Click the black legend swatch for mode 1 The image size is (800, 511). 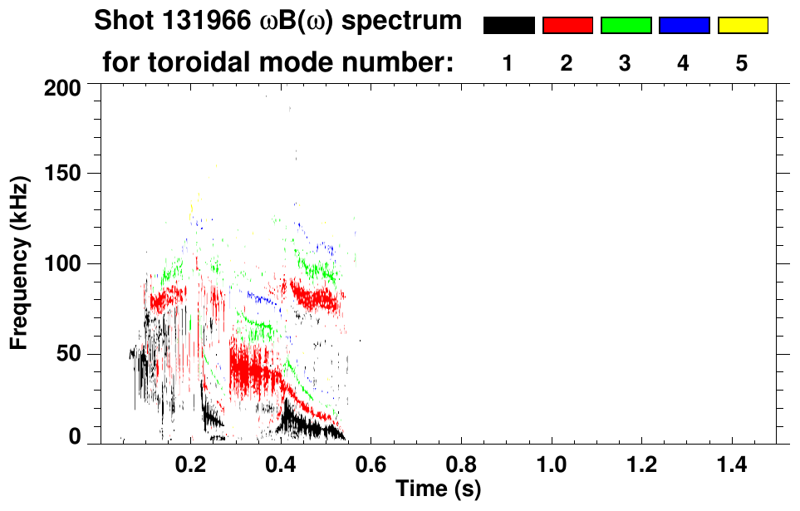(x=508, y=26)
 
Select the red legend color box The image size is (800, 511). (x=567, y=26)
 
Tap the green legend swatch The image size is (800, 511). (x=626, y=26)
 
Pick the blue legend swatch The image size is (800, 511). (x=684, y=26)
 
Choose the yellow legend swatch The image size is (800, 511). (x=743, y=26)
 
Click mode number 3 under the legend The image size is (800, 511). (x=625, y=63)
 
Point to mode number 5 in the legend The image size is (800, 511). (x=742, y=63)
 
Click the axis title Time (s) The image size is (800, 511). (x=437, y=488)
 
